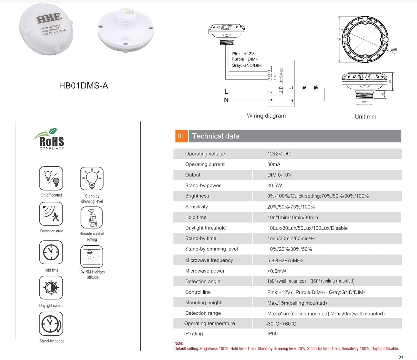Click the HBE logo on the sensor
pyautogui.click(x=49, y=18)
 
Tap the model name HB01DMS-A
pyautogui.click(x=83, y=85)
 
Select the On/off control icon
pyautogui.click(x=51, y=178)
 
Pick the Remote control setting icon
pyautogui.click(x=92, y=218)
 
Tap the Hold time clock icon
pyautogui.click(x=51, y=252)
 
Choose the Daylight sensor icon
pyautogui.click(x=51, y=288)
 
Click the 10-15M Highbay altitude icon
pyautogui.click(x=92, y=257)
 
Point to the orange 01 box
pyautogui.click(x=181, y=136)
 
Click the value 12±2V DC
pyautogui.click(x=279, y=154)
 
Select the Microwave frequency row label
pyautogui.click(x=209, y=260)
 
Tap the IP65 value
pyautogui.click(x=272, y=334)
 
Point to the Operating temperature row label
pyautogui.click(x=210, y=323)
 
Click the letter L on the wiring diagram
pyautogui.click(x=226, y=92)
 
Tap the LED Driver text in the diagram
pyautogui.click(x=281, y=81)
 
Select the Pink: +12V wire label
pyautogui.click(x=243, y=54)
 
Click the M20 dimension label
pyautogui.click(x=364, y=102)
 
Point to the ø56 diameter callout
pyautogui.click(x=394, y=50)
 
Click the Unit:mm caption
pyautogui.click(x=365, y=117)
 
